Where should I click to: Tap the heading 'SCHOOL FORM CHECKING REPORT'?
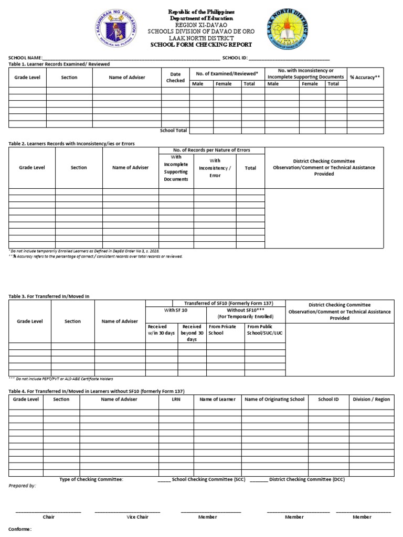(201, 45)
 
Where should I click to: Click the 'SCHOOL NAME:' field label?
(24, 58)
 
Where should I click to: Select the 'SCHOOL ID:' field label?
(235, 58)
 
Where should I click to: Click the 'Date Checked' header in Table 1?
(175, 77)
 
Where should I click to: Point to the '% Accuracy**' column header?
(365, 77)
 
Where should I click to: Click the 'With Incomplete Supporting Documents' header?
(176, 168)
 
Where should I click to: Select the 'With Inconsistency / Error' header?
(215, 168)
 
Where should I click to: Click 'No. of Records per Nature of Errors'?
(211, 150)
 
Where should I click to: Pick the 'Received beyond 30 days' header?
(192, 333)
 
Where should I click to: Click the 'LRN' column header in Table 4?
(176, 399)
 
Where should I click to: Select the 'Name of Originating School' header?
(274, 399)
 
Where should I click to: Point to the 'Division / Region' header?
(371, 399)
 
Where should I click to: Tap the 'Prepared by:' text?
(22, 486)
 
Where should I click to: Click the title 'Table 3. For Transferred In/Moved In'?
(49, 296)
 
